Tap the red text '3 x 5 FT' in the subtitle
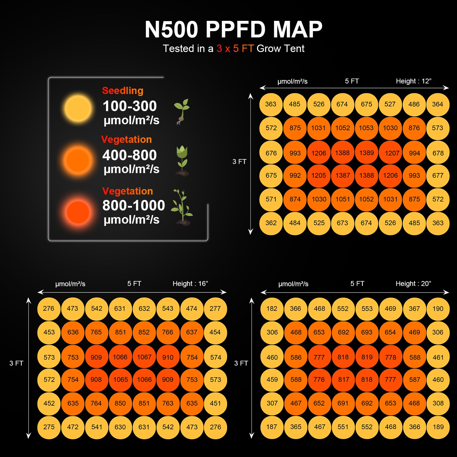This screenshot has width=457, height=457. point(235,49)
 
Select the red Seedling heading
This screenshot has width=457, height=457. point(123,91)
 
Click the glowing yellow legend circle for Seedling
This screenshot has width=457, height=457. point(78,108)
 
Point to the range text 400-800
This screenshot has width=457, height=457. point(129,155)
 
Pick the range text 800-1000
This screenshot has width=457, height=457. point(133,205)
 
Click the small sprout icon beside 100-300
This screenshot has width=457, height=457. point(182,111)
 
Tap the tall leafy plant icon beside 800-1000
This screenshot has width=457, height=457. point(182,207)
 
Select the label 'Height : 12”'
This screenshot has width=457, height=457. point(413,81)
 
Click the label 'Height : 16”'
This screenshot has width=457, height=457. point(190,284)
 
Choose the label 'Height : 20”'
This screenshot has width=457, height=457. point(413,284)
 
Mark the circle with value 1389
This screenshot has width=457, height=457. point(366,153)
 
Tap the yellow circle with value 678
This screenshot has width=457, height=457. point(438,153)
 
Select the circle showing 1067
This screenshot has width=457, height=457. point(144,357)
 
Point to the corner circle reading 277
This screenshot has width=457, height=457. point(215,308)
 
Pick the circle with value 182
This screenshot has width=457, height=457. point(272,308)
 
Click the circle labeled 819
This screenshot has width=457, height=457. point(367,357)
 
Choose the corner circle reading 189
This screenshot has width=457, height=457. point(438,427)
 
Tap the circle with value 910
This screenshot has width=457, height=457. point(168,357)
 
